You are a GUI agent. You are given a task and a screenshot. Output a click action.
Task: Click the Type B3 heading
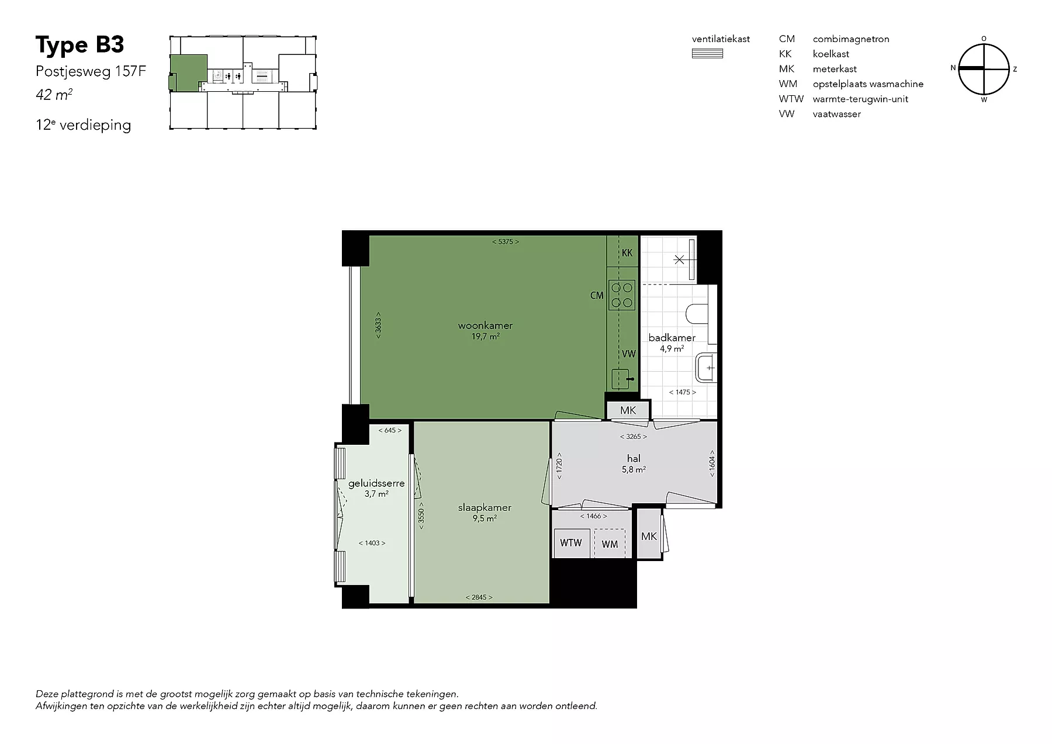click(x=80, y=45)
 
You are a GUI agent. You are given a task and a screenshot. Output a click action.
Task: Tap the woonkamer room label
click(x=485, y=326)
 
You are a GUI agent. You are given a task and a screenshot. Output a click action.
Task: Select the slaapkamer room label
click(x=485, y=507)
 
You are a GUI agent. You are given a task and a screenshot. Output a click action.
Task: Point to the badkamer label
click(x=672, y=337)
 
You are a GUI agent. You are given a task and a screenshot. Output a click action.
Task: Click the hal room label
click(x=634, y=459)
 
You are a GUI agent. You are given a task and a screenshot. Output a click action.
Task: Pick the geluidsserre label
click(x=376, y=483)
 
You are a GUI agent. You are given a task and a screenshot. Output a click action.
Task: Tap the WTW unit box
click(x=571, y=543)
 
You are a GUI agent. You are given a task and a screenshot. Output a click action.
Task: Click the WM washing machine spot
click(x=610, y=544)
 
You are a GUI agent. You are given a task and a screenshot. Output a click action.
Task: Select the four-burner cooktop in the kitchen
click(x=621, y=295)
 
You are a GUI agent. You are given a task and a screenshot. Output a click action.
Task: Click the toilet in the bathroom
click(x=696, y=314)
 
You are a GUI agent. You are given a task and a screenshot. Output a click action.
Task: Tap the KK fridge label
click(x=627, y=253)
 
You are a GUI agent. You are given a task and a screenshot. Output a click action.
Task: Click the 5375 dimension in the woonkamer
click(x=506, y=241)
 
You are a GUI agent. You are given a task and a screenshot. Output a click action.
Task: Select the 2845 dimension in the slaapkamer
click(x=479, y=597)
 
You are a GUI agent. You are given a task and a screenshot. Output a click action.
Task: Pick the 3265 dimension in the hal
click(x=634, y=437)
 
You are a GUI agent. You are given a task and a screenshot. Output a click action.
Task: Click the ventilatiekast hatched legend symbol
click(x=707, y=54)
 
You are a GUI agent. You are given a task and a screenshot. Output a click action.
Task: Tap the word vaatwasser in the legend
click(x=836, y=114)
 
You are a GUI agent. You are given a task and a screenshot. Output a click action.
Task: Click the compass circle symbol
click(x=984, y=69)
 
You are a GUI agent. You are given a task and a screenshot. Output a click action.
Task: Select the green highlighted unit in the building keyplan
click(x=188, y=72)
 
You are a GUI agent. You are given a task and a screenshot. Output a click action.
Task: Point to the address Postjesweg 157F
click(x=91, y=71)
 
